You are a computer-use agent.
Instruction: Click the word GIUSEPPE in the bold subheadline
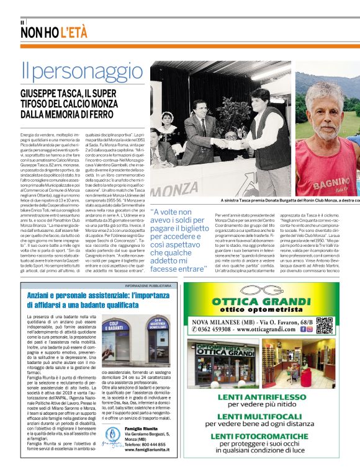40,95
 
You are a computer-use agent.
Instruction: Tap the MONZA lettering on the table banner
174,190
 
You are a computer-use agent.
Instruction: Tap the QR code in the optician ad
324,325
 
